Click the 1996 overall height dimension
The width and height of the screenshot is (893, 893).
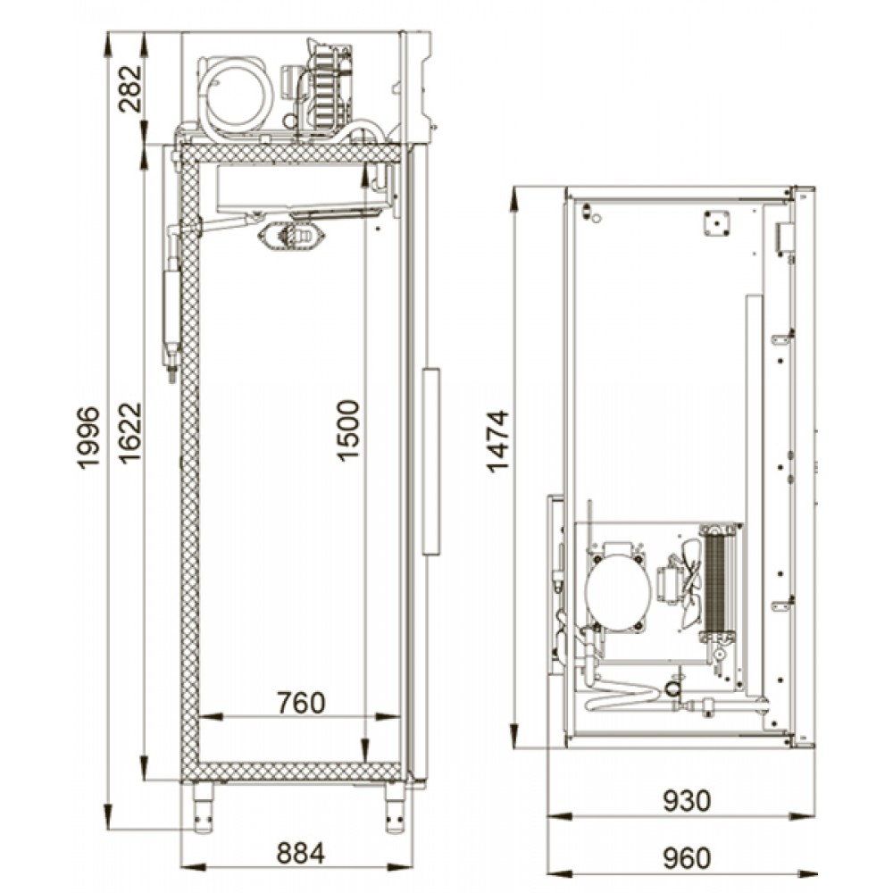point(88,437)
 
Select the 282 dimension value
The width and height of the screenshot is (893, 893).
point(129,88)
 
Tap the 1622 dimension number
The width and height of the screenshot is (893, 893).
point(129,433)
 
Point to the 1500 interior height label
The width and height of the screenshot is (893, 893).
point(348,430)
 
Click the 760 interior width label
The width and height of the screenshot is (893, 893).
point(301,703)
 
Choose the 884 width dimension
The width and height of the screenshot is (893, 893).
point(301,853)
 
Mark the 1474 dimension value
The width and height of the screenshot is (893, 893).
point(497,441)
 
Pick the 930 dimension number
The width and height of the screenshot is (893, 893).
point(687,801)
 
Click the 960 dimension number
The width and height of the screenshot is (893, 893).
point(687,858)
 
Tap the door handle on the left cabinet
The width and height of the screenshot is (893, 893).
point(431,462)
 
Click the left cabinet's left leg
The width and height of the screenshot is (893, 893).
point(203,807)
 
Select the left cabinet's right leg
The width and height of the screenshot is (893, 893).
point(395,807)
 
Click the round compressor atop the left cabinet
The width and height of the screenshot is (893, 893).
point(235,93)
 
